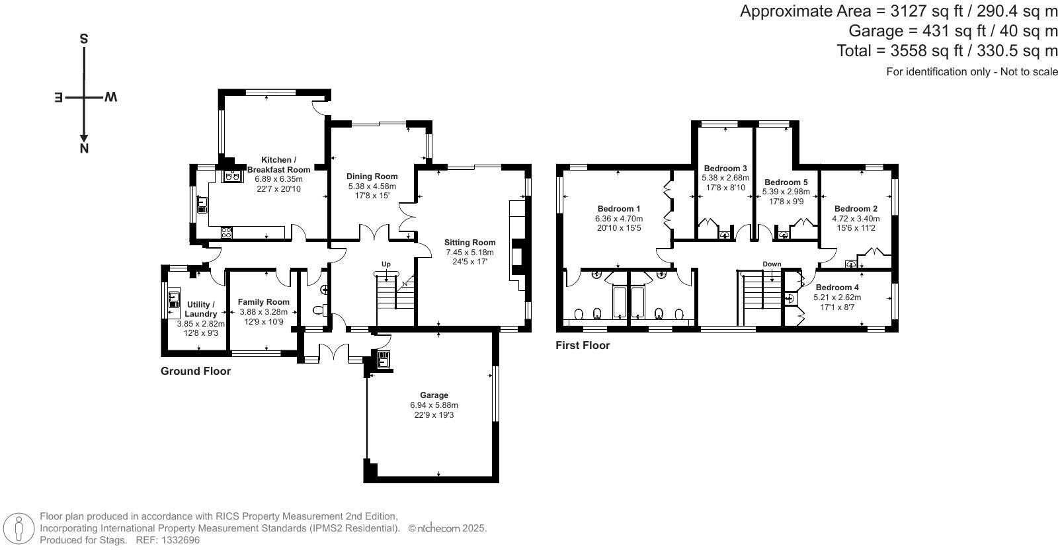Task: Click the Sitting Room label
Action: (469, 243)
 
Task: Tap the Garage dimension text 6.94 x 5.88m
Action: (434, 405)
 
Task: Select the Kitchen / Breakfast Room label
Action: (278, 165)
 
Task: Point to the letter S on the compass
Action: (83, 39)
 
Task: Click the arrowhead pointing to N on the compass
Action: (83, 138)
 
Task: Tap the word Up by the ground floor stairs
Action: (386, 264)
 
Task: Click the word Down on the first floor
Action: (772, 264)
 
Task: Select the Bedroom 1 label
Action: (619, 209)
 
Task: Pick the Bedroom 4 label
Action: (837, 287)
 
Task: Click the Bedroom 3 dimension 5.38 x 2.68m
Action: (725, 178)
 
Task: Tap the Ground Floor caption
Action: (196, 371)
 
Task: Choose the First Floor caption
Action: (583, 345)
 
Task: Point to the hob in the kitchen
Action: (226, 232)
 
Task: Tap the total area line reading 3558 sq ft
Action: (947, 50)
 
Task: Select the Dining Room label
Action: (372, 176)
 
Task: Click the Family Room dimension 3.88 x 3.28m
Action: (264, 312)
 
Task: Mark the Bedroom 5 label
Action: (786, 182)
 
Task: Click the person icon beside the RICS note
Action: (19, 528)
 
